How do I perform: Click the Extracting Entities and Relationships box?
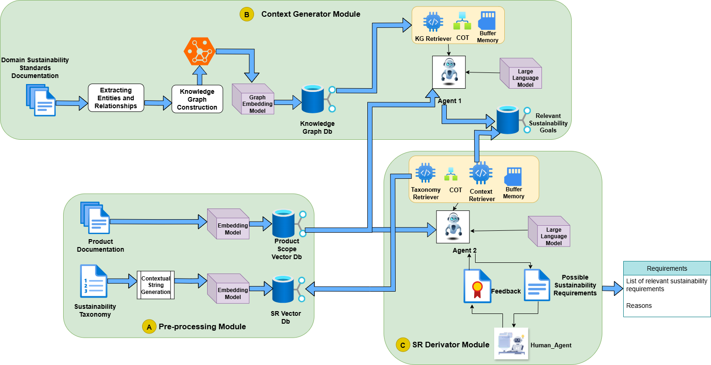point(116,98)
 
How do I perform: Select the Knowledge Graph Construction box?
point(197,99)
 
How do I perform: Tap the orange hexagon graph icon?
point(199,51)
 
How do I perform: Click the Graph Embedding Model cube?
point(253,99)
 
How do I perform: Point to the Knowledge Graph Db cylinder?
point(313,99)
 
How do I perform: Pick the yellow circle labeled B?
point(247,14)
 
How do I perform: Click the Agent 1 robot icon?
point(449,72)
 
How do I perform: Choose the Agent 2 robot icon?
point(453,227)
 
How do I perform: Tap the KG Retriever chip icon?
point(433,22)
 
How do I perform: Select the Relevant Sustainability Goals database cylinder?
point(508,120)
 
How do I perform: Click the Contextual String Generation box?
point(156,285)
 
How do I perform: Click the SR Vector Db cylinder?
point(283,289)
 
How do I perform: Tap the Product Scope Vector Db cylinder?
point(283,224)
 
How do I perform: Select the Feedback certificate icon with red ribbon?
point(477,286)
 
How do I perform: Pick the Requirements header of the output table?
point(666,268)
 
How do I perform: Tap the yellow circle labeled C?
point(403,345)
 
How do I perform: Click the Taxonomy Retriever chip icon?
point(425,173)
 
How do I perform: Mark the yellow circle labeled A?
point(149,327)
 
